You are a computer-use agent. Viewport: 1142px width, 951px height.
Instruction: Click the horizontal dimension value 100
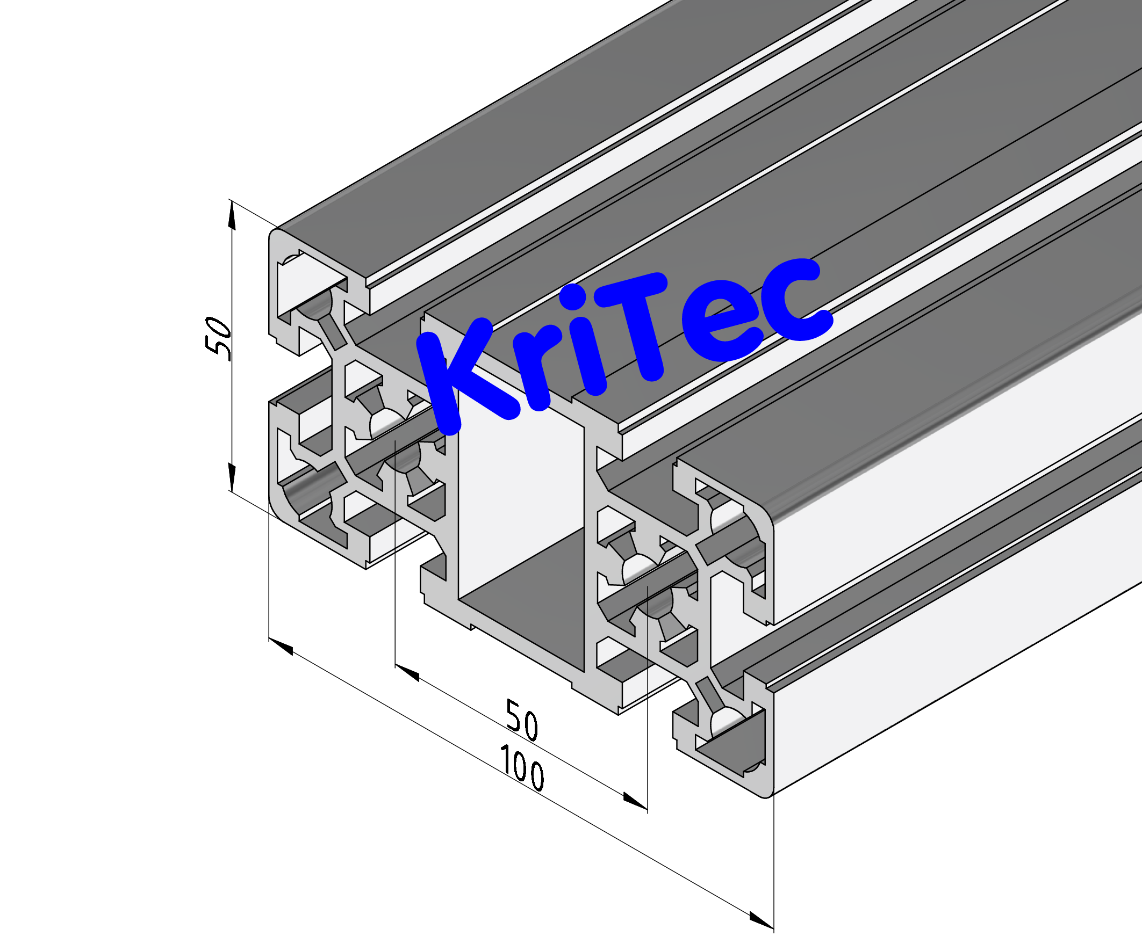tap(521, 768)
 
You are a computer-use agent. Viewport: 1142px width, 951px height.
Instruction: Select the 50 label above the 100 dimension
tap(521, 721)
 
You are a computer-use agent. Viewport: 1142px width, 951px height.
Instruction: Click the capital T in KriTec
tap(636, 326)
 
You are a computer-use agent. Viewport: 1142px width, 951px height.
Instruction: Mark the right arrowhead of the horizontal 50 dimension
tap(635, 801)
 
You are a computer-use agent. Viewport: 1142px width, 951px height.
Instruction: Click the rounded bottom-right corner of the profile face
tap(768, 792)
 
